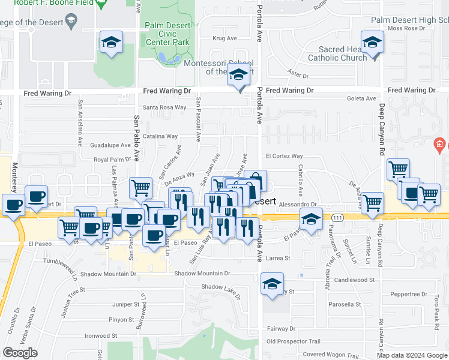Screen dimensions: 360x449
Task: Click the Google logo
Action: coord(20,353)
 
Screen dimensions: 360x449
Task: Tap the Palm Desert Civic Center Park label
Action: coord(167,34)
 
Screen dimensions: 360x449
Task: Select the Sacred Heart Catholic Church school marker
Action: coord(373,43)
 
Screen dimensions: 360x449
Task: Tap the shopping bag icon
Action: coord(255,181)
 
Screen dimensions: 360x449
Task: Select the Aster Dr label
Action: coord(298,76)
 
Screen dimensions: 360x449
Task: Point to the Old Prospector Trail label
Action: coord(294,341)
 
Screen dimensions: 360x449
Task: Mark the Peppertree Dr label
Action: coord(408,295)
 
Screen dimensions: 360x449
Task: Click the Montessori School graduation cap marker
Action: coord(239,76)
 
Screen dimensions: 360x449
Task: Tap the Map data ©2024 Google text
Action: coord(412,355)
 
